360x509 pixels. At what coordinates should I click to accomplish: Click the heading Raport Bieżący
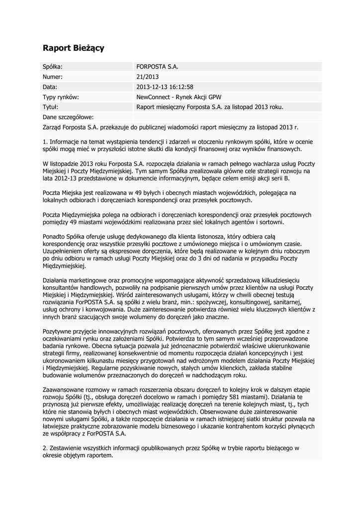pos(73,48)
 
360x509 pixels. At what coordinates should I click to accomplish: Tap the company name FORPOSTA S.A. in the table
pos(157,66)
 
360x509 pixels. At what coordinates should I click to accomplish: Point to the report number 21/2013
pos(147,77)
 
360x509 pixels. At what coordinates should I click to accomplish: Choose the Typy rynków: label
pos(61,97)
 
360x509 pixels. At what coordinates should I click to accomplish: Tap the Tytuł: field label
pos(51,107)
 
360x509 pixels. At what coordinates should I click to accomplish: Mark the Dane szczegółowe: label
pos(68,117)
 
